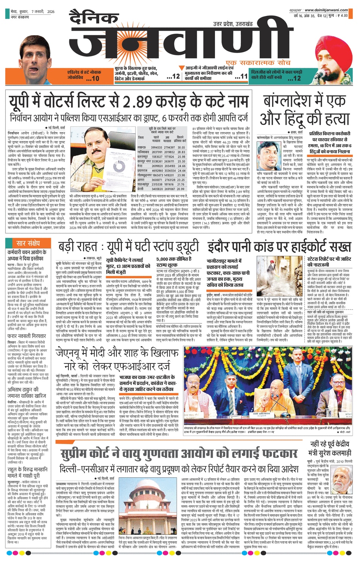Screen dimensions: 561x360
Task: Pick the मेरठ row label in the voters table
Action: pos(140,166)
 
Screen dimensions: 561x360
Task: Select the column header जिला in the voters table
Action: pos(141,138)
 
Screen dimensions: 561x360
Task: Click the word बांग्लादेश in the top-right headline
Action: pos(289,101)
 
